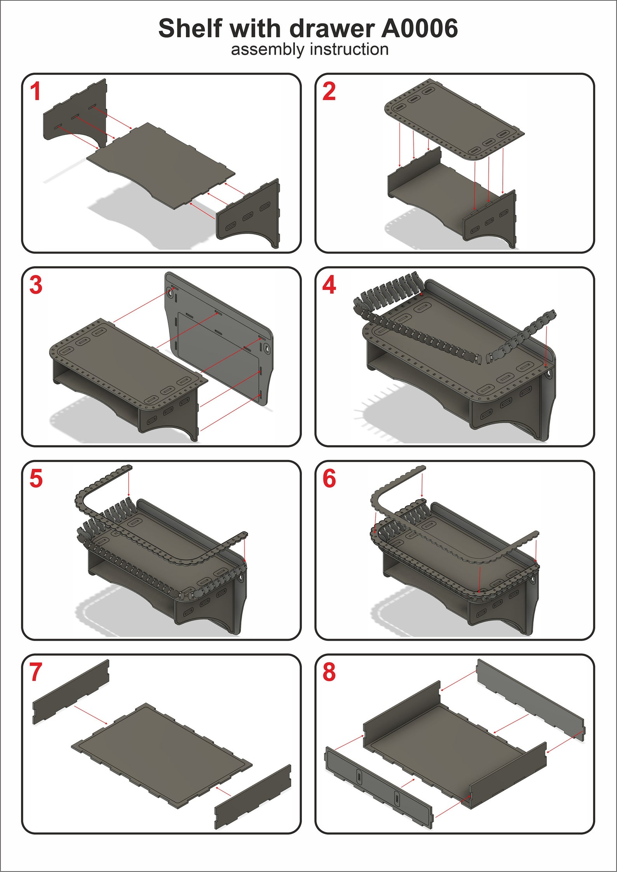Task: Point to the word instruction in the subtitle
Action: tap(349, 49)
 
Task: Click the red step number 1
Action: tap(35, 92)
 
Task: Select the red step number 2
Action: tap(329, 92)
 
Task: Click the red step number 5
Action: tap(36, 479)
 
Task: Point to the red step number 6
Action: tap(329, 479)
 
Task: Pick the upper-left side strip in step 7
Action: tap(71, 692)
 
